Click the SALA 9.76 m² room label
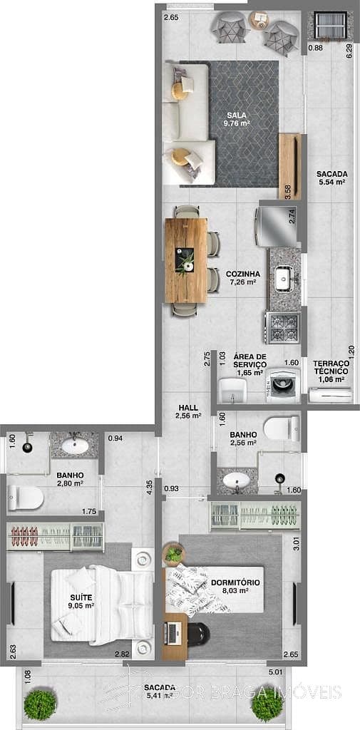[x=238, y=118]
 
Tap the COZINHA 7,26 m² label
[x=242, y=277]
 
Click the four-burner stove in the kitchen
[x=282, y=327]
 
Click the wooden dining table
[x=186, y=259]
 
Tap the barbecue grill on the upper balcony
[x=329, y=27]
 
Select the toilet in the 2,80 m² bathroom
[x=25, y=498]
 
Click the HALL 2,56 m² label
[x=189, y=411]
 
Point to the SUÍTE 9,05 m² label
[x=83, y=601]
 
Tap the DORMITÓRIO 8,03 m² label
[x=235, y=586]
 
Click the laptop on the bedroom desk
[x=173, y=630]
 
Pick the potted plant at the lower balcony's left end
[x=40, y=704]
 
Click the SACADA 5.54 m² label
[x=331, y=178]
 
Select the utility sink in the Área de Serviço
[x=232, y=389]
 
